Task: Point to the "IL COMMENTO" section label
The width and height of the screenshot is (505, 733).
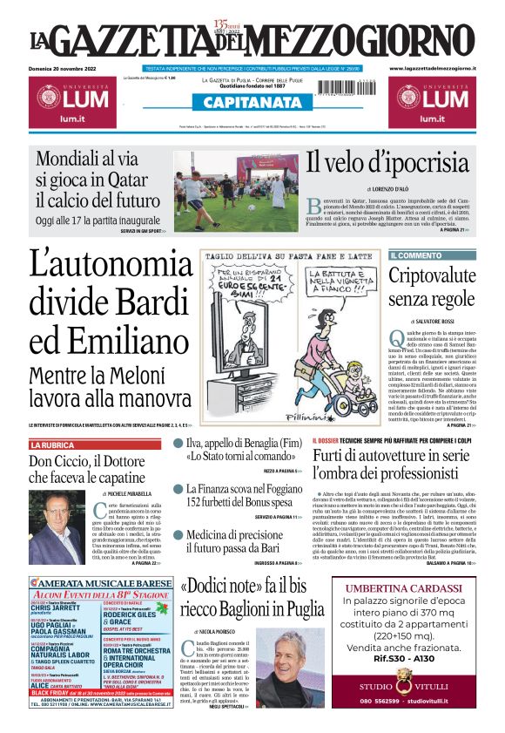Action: pyautogui.click(x=416, y=255)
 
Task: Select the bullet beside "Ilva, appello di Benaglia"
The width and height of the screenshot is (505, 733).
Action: pyautogui.click(x=178, y=444)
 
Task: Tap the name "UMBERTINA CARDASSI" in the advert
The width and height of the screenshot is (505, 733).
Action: pyautogui.click(x=402, y=586)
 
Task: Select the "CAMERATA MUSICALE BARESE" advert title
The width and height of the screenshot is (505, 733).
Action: pyautogui.click(x=98, y=583)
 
